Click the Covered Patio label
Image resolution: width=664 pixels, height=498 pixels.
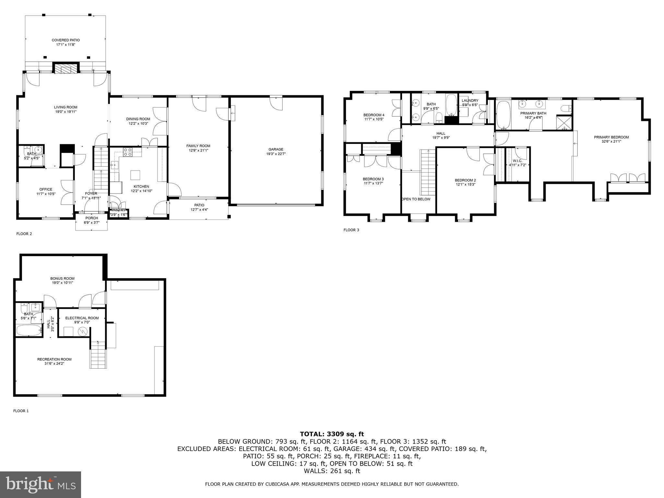[65, 40]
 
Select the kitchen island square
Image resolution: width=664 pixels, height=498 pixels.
[136, 175]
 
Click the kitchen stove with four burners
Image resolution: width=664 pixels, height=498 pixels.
[128, 152]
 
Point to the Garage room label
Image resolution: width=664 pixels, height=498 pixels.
[276, 149]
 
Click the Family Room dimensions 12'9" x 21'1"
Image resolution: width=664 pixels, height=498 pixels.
[198, 150]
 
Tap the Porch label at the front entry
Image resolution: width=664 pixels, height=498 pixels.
[92, 218]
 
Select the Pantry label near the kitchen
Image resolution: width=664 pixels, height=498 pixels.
[118, 210]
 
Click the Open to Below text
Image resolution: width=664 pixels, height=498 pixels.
[416, 199]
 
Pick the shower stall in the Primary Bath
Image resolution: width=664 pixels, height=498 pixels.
[564, 123]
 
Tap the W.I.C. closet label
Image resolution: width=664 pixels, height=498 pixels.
[517, 161]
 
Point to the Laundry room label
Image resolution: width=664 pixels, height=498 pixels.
[470, 101]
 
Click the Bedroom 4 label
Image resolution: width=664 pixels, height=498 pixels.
[374, 115]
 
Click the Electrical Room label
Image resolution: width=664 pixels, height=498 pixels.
[82, 318]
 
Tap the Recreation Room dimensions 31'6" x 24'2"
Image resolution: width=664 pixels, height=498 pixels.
[54, 363]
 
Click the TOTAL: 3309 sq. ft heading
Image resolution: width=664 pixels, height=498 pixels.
[332, 434]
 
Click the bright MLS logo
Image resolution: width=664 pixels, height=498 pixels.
[41, 484]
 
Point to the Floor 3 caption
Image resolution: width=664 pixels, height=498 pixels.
[351, 230]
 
